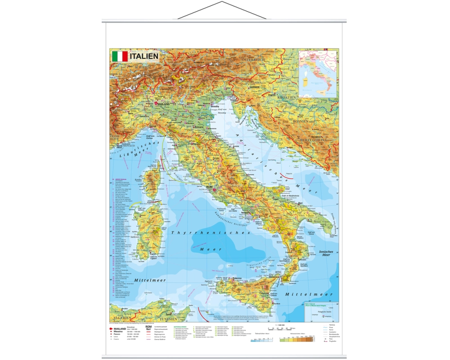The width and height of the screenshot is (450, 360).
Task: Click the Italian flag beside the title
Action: pyautogui.click(x=119, y=56)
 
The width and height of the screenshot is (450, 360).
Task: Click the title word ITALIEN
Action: pyautogui.click(x=144, y=56)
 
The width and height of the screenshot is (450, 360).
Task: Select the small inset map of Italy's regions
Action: pyautogui.click(x=318, y=73)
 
